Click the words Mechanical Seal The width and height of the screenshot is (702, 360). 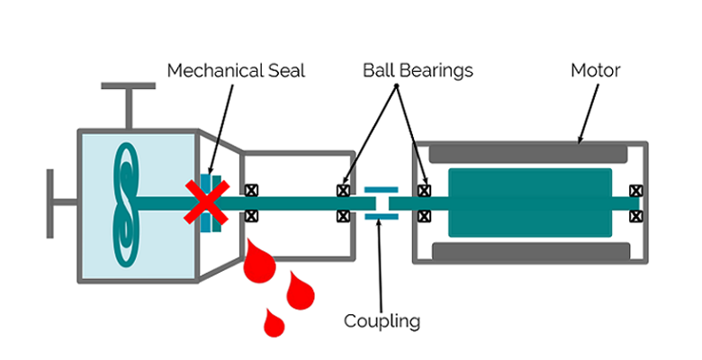237,70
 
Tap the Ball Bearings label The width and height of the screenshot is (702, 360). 418,70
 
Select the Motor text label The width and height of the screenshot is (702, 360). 595,70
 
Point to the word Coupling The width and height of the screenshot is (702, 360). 382,320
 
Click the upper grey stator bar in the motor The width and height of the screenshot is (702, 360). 529,154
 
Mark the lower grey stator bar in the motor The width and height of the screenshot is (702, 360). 529,249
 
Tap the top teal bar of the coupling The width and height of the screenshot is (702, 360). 382,190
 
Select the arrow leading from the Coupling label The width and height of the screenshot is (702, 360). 382,270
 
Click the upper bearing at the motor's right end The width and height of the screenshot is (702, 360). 636,191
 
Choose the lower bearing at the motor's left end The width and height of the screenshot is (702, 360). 424,216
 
